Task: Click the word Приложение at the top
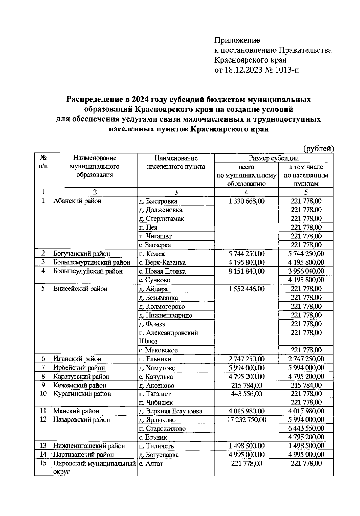237,40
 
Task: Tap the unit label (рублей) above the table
318,148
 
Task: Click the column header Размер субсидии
274,158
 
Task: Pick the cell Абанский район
77,201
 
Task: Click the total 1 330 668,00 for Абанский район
246,201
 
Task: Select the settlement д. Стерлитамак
161,219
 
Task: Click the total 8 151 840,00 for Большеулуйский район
246,271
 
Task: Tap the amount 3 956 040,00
306,271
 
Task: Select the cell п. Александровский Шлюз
168,337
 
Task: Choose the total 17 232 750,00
246,420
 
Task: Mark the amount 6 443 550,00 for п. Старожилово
306,428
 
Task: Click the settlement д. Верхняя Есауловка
170,411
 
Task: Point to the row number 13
43,446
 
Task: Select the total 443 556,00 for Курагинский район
246,394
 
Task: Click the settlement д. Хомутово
157,368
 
